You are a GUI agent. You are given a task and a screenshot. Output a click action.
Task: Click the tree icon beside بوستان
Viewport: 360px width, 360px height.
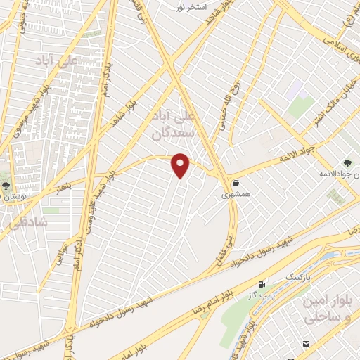click(6, 187)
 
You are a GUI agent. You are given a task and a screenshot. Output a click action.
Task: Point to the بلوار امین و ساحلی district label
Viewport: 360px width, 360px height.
click(326, 310)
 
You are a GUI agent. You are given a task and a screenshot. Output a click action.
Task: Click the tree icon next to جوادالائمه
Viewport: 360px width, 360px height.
click(351, 160)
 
